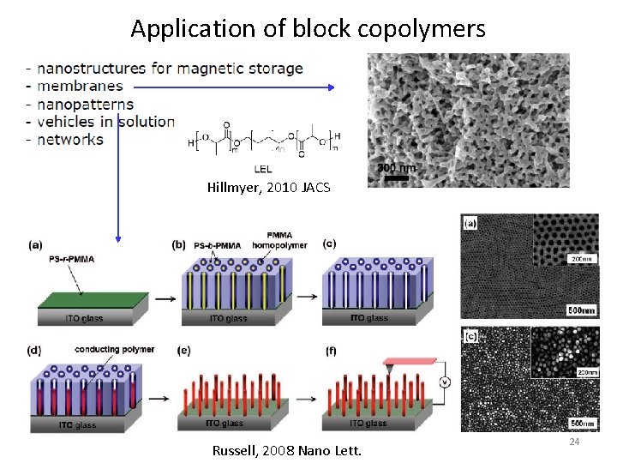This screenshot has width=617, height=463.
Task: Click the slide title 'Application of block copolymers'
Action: (x=308, y=28)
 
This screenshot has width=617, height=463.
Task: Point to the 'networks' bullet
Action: (x=70, y=140)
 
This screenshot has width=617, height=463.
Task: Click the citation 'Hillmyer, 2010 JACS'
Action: (x=267, y=187)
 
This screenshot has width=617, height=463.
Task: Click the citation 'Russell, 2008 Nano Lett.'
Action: (x=286, y=449)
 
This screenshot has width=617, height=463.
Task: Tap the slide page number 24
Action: (x=575, y=442)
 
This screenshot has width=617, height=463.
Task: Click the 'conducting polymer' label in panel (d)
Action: (x=114, y=350)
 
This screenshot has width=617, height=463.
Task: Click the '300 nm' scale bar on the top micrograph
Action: (x=397, y=169)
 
